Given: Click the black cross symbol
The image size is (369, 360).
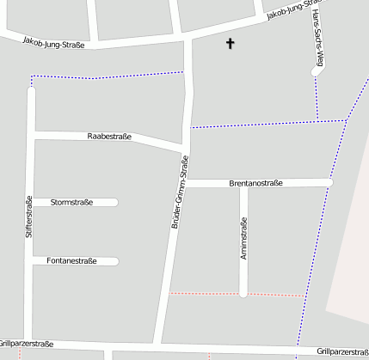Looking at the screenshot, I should (x=230, y=43).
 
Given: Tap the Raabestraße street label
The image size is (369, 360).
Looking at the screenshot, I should (x=109, y=137).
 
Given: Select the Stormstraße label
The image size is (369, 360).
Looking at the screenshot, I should (x=72, y=203).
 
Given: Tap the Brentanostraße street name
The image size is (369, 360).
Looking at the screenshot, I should (x=256, y=183).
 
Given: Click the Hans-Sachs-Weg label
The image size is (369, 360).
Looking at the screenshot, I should (x=318, y=35).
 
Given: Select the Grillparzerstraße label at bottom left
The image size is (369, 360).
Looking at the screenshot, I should (x=27, y=344).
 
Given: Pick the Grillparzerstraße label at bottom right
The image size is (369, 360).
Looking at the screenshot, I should (x=342, y=351).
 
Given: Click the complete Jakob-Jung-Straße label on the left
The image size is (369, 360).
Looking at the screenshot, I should (x=53, y=41).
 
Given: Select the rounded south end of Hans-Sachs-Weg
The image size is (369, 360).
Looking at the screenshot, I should (x=316, y=73).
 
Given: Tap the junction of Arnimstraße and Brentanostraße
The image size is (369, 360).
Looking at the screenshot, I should (x=244, y=183).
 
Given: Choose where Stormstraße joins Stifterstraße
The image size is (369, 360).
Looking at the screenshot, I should (x=32, y=203).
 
